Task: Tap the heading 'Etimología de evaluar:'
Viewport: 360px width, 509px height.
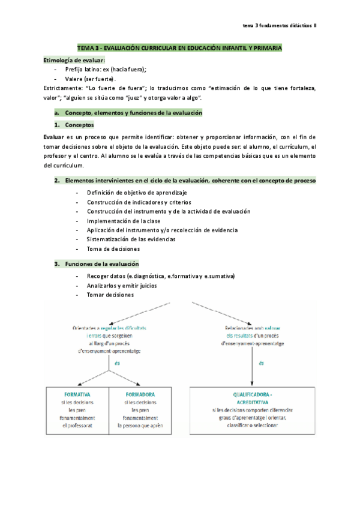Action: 74,61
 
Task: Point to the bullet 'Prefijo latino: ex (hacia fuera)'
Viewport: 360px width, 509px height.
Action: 106,70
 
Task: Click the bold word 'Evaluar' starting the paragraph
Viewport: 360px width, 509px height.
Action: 54,136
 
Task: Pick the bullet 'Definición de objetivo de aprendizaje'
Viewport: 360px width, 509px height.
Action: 137,193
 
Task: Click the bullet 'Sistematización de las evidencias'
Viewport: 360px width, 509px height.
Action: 131,239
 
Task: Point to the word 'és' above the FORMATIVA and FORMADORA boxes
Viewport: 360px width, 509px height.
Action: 109,364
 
